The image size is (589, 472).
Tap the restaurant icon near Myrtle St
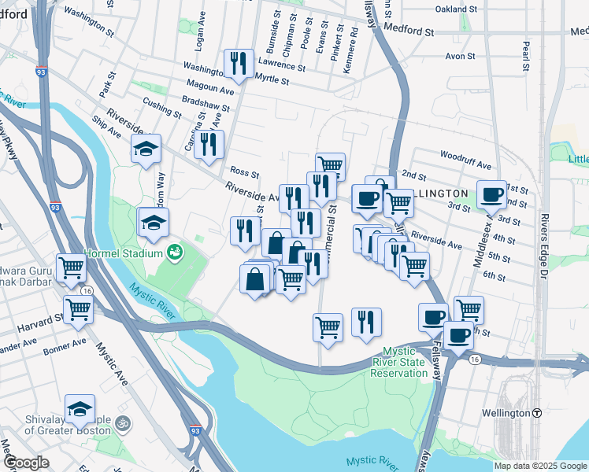click(x=237, y=64)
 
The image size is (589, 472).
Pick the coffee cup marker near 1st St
click(x=492, y=194)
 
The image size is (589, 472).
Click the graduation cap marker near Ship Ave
click(x=146, y=149)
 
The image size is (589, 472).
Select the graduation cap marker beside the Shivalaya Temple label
click(x=80, y=409)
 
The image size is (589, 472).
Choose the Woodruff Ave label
click(x=465, y=156)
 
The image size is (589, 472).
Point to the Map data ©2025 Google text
click(x=540, y=466)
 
